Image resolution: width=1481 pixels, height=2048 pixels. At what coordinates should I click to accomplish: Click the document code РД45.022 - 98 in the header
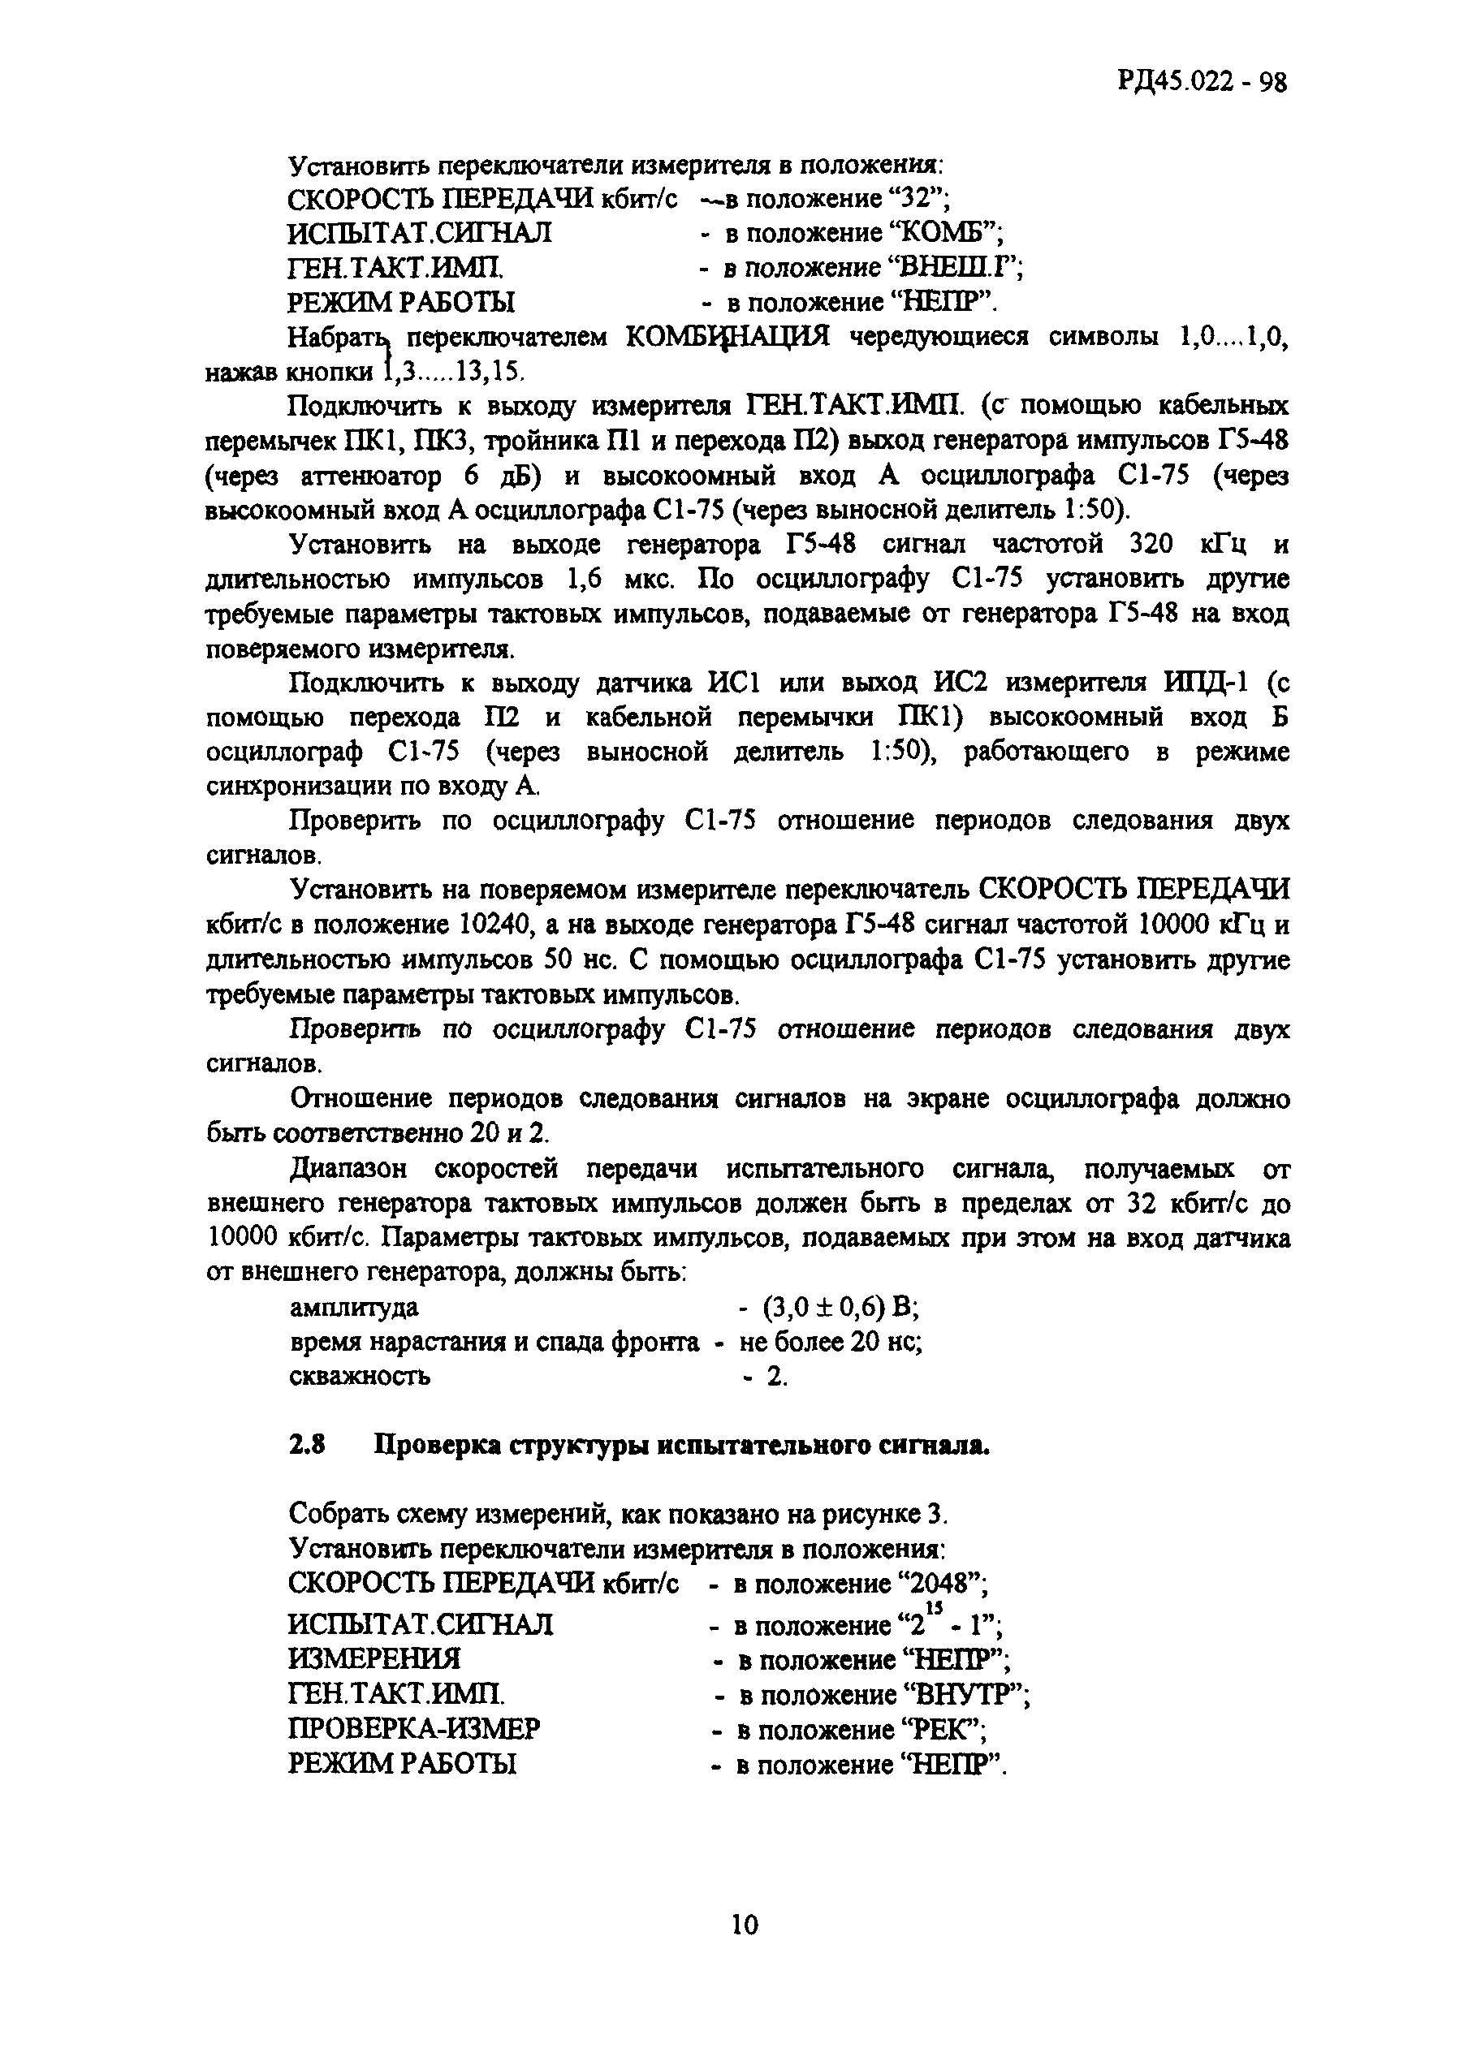1201,83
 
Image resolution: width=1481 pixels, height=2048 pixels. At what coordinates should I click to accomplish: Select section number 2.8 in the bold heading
307,1446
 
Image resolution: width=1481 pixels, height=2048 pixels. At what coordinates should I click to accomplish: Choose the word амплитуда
354,1308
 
